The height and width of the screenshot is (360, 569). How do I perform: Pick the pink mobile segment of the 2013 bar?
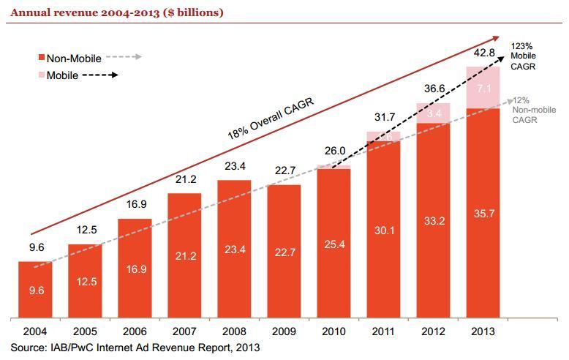(x=483, y=88)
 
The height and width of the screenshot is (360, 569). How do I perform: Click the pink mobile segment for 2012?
(x=434, y=113)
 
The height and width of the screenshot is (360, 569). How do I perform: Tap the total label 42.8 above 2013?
(x=483, y=53)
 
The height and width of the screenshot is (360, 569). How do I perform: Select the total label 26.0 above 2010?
(x=334, y=151)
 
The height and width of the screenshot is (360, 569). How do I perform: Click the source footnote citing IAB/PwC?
(x=135, y=348)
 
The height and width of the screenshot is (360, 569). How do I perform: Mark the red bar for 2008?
(x=234, y=249)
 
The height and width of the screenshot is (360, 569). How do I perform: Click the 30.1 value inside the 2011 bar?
(x=384, y=231)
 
